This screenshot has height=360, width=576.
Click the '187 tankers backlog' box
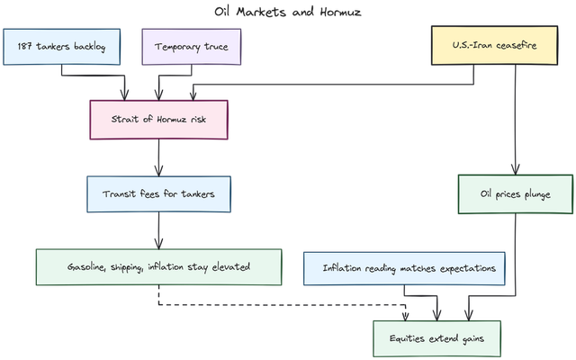[x=61, y=47]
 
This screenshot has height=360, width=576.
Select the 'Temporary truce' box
[x=191, y=47]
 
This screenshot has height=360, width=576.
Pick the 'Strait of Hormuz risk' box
[x=158, y=119]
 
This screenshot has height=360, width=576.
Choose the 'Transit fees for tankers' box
[x=158, y=193]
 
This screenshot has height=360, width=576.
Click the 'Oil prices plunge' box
[x=515, y=193]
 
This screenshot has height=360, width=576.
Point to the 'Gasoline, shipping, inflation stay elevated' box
[x=157, y=267]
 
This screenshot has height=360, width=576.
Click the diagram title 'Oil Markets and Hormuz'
[x=288, y=12]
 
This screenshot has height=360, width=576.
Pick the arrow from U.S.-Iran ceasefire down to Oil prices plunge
[x=515, y=126]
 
